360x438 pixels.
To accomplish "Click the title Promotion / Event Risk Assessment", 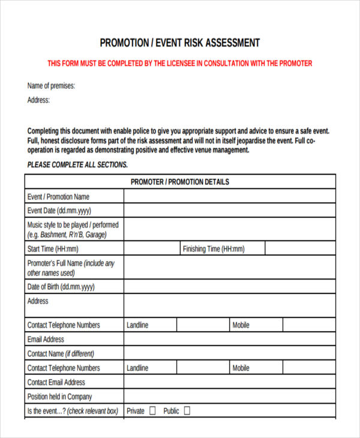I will (179, 43).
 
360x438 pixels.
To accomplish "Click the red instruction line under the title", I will (179, 63).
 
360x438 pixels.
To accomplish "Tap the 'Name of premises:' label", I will (52, 86).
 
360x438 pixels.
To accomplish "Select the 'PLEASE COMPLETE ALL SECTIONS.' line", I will (77, 164).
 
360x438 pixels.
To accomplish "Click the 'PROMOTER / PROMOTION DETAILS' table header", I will (180, 182).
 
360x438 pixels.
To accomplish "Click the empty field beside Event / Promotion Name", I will (230, 196).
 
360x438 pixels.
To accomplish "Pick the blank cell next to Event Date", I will (230, 211).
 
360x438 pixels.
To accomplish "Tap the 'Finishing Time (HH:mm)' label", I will (214, 249).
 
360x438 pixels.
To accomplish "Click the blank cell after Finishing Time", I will (300, 249).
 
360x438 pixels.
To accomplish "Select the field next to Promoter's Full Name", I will (230, 268).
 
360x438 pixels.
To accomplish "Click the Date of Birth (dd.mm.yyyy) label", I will (61, 287).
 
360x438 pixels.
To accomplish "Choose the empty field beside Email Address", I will (230, 340).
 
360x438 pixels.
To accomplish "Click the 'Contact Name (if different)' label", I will (61, 354).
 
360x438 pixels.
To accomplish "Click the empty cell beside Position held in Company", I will (230, 397).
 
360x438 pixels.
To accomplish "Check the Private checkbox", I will (152, 411).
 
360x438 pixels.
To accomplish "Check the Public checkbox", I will (187, 411).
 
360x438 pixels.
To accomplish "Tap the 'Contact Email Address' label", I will (56, 382).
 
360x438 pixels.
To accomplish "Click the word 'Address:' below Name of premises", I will (39, 100).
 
